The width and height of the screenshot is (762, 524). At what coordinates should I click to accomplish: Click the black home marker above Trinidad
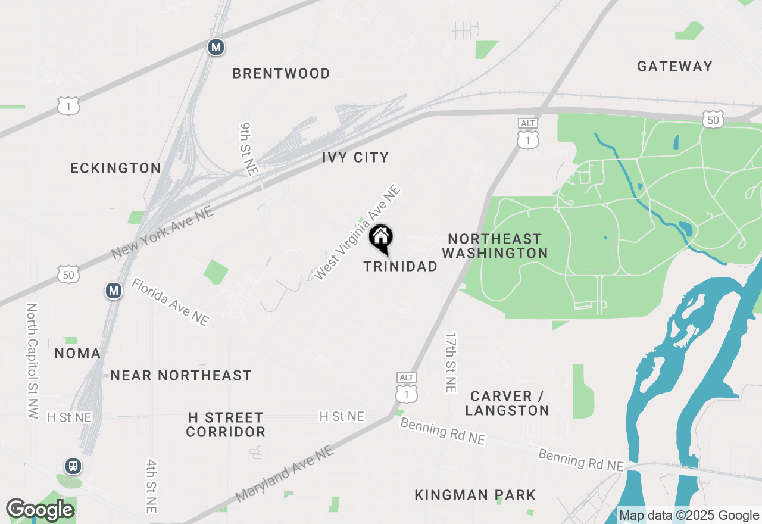point(381,239)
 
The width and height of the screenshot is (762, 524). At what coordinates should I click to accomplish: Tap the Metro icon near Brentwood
point(216,48)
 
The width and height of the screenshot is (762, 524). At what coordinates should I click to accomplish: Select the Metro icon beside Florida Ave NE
point(114,291)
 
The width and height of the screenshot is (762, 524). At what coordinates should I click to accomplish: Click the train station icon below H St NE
point(73,466)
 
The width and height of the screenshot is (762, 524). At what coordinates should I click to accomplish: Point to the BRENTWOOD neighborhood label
point(281,74)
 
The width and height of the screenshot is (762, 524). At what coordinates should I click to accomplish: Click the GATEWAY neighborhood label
point(674,66)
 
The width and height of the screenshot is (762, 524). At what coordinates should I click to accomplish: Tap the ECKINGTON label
point(115,169)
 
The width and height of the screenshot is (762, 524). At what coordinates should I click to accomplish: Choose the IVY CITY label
point(355,158)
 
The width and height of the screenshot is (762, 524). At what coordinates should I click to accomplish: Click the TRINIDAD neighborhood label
point(400,267)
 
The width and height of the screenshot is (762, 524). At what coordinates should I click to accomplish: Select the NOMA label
point(77,354)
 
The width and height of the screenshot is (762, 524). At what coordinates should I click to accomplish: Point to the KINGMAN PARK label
point(475,495)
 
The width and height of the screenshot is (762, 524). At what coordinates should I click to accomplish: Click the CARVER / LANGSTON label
point(507,403)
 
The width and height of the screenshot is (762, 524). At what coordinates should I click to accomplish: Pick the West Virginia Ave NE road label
point(357,232)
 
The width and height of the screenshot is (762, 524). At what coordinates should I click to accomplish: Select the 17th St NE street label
point(451,362)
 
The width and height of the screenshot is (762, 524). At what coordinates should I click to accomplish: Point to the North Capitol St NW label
point(32,361)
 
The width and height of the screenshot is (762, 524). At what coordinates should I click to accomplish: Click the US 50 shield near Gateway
point(713,120)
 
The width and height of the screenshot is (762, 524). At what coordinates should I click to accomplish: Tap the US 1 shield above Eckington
point(68,106)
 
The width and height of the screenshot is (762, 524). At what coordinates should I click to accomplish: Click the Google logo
point(40,510)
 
